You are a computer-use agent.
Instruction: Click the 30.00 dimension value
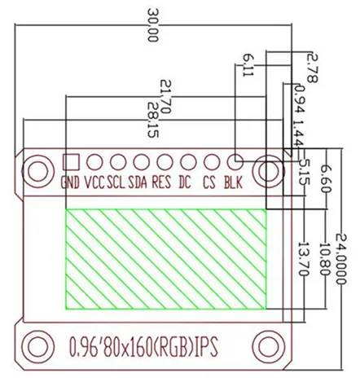tap(152, 25)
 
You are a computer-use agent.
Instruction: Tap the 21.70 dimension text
tap(165, 96)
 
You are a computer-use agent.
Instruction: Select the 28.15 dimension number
tap(153, 120)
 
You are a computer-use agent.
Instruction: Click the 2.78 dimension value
tap(312, 68)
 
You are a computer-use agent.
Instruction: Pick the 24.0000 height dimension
tap(341, 258)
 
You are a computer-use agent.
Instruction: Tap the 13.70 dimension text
tap(304, 259)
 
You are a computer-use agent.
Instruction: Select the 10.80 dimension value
tap(325, 259)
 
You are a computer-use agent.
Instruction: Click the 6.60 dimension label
tap(326, 178)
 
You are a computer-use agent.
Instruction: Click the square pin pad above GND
tap(71, 162)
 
